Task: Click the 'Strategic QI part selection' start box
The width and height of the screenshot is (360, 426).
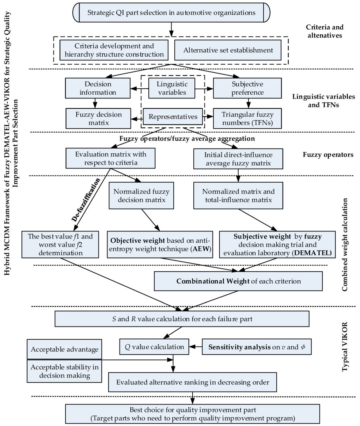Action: click(171, 12)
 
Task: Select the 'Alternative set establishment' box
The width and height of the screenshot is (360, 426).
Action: click(228, 50)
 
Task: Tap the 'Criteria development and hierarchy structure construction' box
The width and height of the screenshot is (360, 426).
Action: click(114, 50)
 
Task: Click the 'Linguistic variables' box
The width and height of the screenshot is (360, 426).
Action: click(172, 88)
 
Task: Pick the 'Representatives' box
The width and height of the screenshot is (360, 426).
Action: click(172, 117)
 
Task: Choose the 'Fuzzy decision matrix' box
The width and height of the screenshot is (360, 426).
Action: click(94, 119)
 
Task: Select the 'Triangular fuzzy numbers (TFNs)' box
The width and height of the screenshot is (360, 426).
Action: click(247, 119)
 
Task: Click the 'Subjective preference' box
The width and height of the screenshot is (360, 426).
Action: click(247, 88)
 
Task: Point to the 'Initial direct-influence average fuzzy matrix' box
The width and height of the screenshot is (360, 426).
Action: click(238, 159)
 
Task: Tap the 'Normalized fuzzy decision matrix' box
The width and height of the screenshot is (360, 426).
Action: click(141, 196)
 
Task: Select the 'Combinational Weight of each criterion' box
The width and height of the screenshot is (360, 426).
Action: click(238, 281)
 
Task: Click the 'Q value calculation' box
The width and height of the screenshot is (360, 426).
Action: click(154, 347)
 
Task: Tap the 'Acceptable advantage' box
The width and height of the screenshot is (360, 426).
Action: click(64, 349)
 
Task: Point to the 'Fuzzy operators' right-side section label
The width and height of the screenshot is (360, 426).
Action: click(328, 155)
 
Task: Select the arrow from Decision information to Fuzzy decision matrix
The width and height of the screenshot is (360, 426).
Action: click(94, 103)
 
